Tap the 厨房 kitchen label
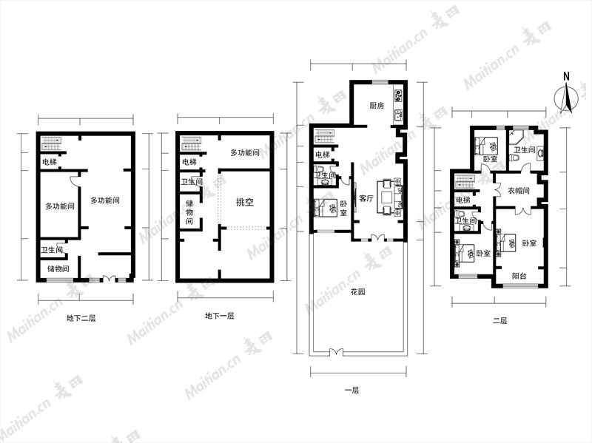377,105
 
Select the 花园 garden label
357,292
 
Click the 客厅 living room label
366,198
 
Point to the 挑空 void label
245,202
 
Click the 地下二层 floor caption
81,318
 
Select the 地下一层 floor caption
219,316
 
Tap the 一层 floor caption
352,390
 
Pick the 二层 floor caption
500,321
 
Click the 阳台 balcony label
519,276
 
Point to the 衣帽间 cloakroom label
519,191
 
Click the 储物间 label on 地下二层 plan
58,269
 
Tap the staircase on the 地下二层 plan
50,143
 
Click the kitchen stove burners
399,95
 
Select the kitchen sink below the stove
399,115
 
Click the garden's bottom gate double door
337,352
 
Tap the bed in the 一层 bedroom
326,208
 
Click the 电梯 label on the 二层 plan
463,200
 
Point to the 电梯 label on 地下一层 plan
189,162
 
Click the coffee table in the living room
387,197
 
